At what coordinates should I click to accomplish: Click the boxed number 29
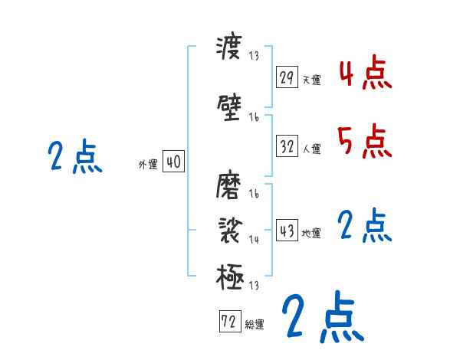coord(287,77)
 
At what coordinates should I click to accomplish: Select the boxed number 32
coord(287,146)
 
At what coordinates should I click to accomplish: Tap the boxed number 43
coord(287,231)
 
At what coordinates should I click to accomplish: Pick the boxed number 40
coord(173,162)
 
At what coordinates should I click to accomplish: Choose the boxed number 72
coord(228,322)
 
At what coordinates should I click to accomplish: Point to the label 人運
coord(312,149)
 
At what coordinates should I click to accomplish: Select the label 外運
coord(147,164)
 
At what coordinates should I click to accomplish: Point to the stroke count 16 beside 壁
coord(254,117)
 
